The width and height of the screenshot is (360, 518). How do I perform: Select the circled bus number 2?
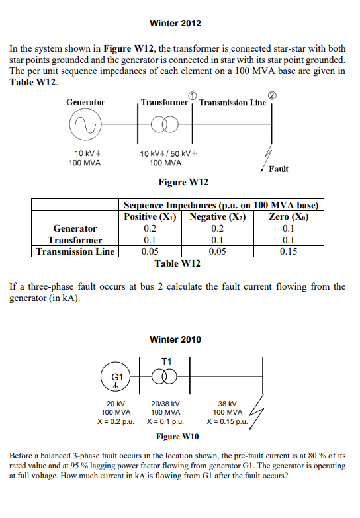[x=271, y=96]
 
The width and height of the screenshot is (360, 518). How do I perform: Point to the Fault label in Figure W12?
[x=279, y=169]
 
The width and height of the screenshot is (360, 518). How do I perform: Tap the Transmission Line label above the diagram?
[x=232, y=103]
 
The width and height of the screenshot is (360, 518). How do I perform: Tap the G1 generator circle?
[x=116, y=377]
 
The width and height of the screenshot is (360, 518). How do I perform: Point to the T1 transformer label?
[x=167, y=360]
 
